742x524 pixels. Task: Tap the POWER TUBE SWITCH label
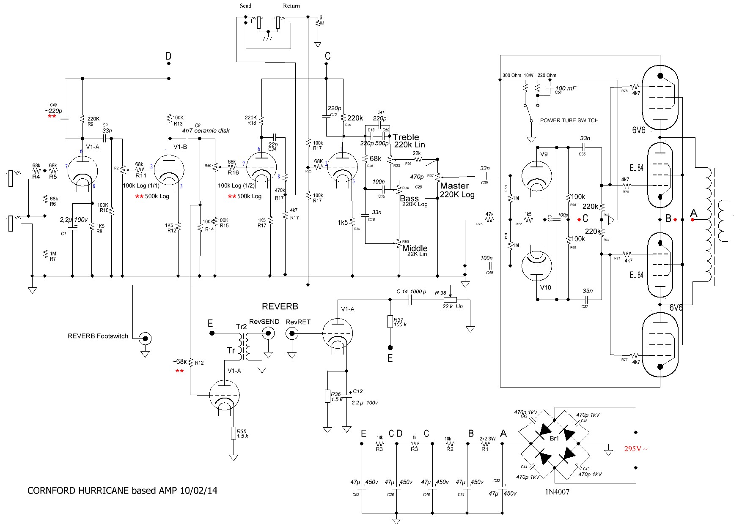click(569, 120)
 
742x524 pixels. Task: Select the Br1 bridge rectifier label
click(554, 439)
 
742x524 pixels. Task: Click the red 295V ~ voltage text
click(635, 449)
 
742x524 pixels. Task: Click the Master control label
click(454, 186)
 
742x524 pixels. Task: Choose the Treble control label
click(406, 137)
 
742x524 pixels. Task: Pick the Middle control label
click(415, 248)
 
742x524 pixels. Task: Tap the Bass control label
click(409, 198)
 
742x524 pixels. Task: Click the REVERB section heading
click(280, 306)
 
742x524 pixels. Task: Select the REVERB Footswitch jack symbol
click(146, 338)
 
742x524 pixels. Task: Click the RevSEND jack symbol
click(267, 334)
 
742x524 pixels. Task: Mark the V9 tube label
click(544, 154)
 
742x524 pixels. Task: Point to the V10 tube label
click(545, 288)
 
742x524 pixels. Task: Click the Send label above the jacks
click(245, 6)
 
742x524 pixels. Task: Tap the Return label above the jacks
click(291, 6)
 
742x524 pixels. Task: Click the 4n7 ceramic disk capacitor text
click(206, 131)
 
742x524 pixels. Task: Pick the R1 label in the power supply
click(485, 449)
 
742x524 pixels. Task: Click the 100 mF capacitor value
click(566, 88)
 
